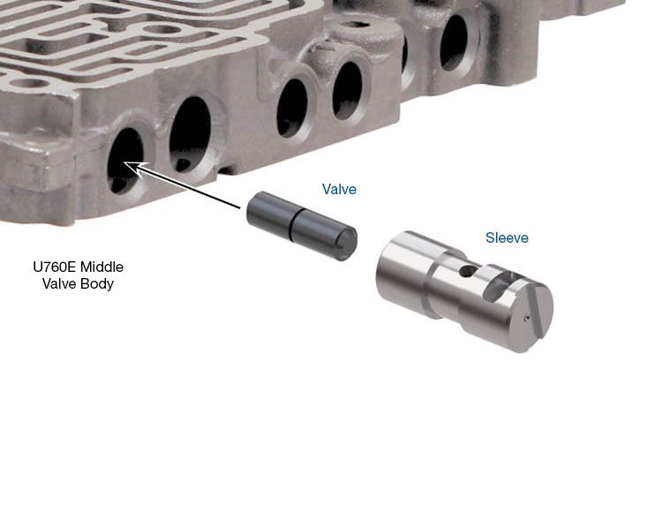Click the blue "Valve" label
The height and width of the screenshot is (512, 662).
click(339, 189)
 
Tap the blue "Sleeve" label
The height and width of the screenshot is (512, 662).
click(507, 237)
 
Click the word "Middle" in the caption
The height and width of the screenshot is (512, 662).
click(102, 267)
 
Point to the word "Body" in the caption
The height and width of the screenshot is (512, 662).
click(97, 283)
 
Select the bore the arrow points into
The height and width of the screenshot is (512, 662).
click(125, 161)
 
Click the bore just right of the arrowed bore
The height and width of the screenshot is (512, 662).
click(190, 134)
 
